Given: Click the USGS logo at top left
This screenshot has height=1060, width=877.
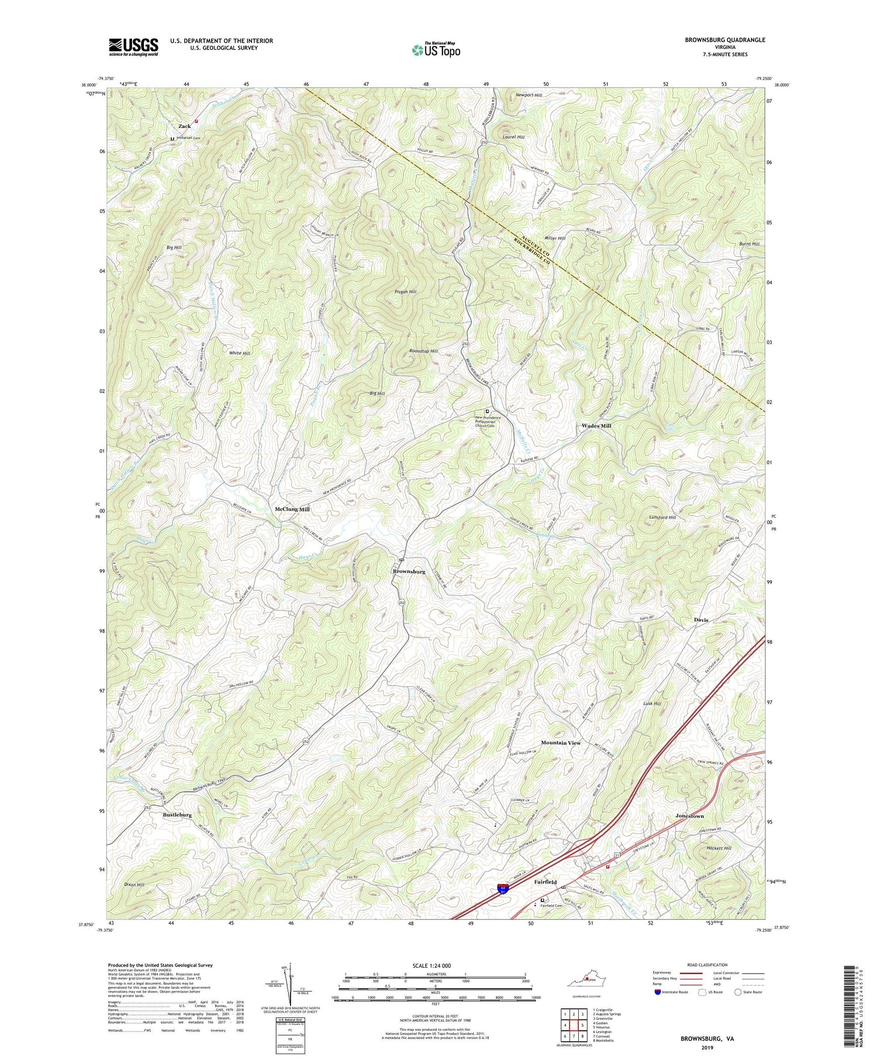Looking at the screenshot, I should click(133, 46).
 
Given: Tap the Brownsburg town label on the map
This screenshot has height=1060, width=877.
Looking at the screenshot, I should click(409, 571).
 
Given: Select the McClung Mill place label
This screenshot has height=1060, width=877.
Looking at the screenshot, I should click(292, 509).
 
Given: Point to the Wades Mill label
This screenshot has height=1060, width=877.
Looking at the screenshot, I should click(596, 426).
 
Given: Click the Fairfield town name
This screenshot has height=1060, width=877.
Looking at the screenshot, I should click(544, 882).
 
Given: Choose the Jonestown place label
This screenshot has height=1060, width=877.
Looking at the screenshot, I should click(689, 816).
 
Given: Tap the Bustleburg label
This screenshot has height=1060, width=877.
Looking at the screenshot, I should click(177, 814).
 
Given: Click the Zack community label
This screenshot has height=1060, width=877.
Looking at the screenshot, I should click(185, 126).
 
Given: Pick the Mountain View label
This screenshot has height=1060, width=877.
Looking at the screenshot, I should click(561, 743).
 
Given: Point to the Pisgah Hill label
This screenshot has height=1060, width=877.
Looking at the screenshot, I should click(405, 291).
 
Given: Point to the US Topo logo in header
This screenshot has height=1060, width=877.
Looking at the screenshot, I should click(436, 50).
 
